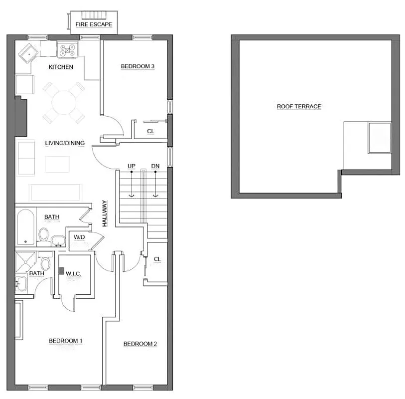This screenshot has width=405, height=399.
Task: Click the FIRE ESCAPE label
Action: click(94, 24)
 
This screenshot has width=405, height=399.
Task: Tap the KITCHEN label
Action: click(61, 67)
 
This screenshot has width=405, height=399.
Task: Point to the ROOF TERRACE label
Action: click(299, 106)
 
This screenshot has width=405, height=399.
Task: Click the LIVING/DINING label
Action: click(65, 143)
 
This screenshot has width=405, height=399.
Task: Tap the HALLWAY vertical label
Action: click(105, 213)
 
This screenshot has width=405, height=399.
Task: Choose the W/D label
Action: click(79, 236)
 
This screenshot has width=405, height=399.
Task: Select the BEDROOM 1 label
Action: click(65, 341)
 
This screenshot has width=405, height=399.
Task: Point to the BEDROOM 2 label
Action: click(140, 344)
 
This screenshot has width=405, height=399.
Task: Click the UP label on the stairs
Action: click(132, 166)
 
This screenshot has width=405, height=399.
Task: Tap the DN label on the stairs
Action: click(155, 166)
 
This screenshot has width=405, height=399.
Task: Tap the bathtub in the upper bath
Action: click(26, 227)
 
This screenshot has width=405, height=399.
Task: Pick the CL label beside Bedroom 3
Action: click(150, 131)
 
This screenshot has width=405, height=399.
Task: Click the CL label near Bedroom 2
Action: click(157, 259)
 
